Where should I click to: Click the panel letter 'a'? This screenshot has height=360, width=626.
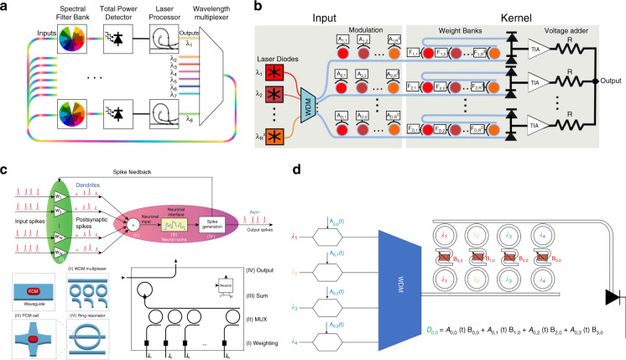pos(6,7)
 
